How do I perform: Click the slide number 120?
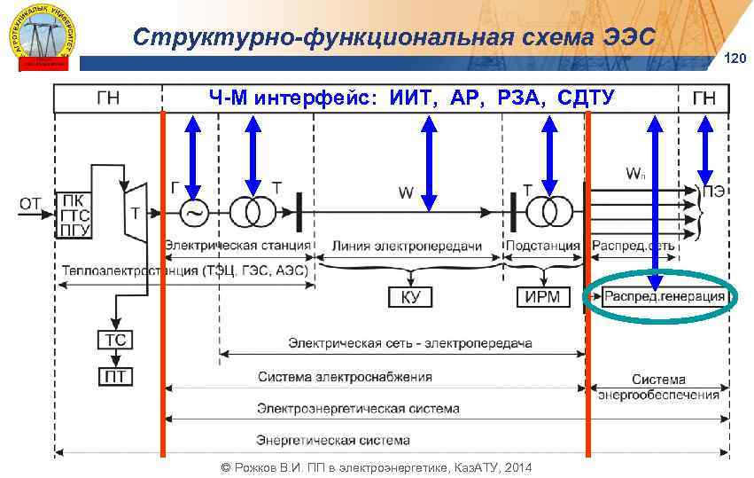click(736, 59)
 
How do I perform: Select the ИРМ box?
click(542, 297)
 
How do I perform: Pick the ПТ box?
click(115, 377)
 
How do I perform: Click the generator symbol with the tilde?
click(193, 214)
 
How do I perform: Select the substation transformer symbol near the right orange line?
click(548, 214)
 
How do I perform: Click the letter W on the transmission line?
click(405, 191)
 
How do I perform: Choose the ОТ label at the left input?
click(30, 205)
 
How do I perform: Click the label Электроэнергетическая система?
click(358, 409)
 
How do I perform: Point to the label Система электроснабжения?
click(346, 377)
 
